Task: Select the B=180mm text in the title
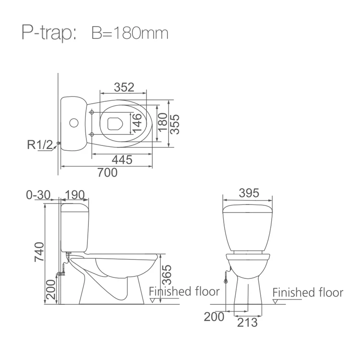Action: coord(130,33)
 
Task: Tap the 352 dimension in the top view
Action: coord(124,87)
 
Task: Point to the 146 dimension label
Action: coord(137,123)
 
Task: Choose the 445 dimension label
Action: coord(122,159)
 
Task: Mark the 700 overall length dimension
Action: coord(108,172)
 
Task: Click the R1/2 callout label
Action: coord(40,144)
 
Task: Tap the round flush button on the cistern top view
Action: coord(74,123)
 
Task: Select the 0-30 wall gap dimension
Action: coord(38,195)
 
